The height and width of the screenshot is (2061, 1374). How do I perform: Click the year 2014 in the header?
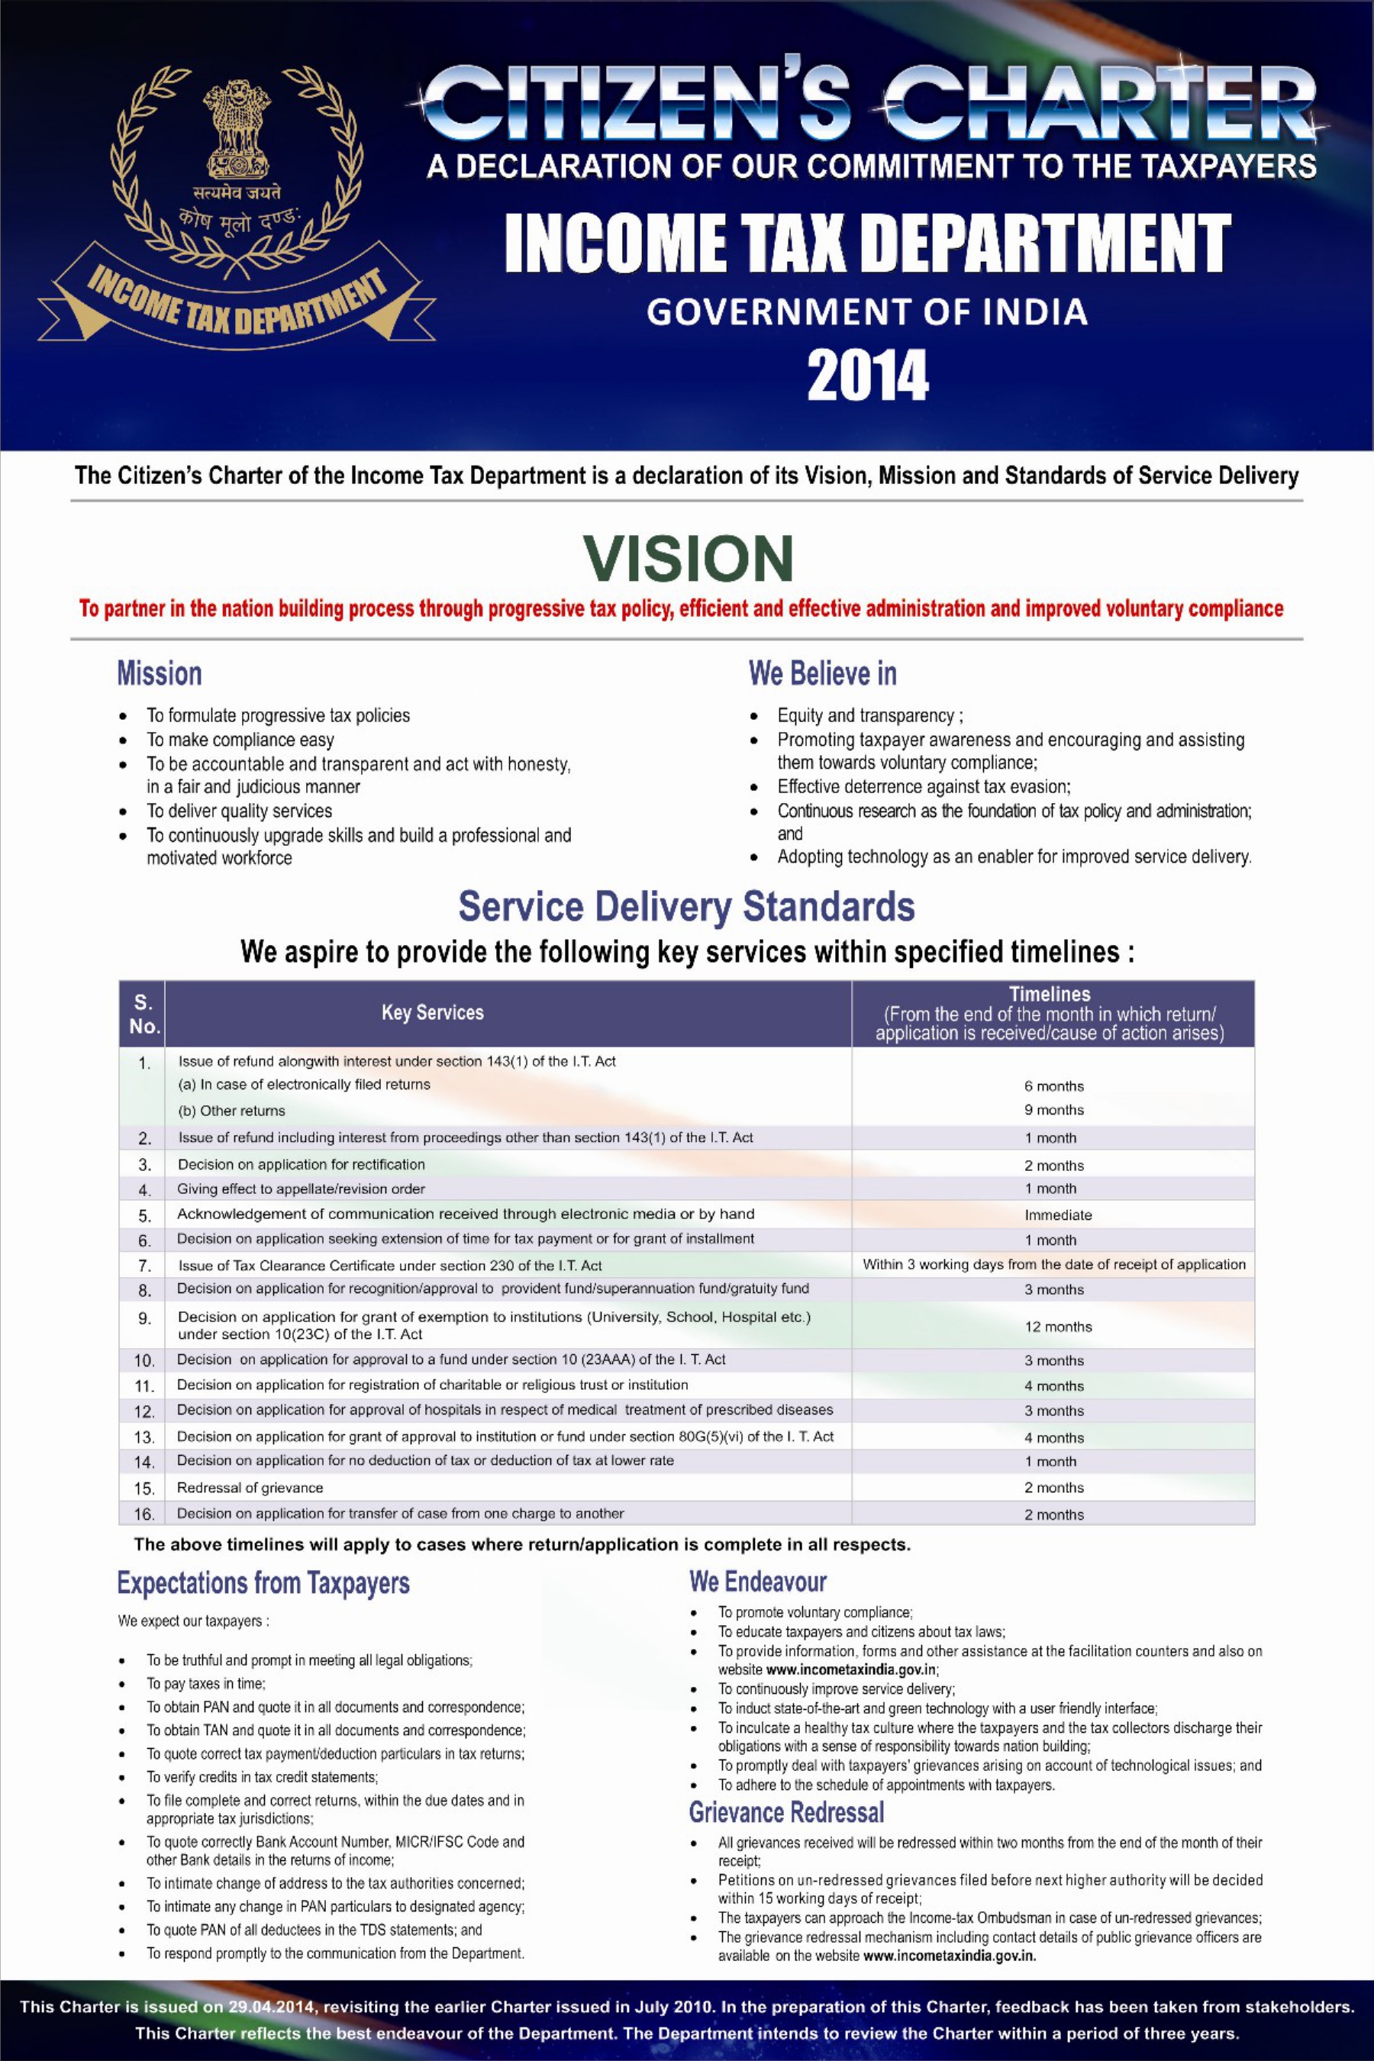click(866, 375)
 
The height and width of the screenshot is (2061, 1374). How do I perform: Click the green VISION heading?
click(688, 558)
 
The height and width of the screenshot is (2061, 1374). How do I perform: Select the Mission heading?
click(160, 674)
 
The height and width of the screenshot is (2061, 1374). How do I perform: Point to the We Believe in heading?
click(822, 674)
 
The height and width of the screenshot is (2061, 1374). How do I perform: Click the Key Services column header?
click(432, 1013)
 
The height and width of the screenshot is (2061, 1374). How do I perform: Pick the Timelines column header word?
click(1049, 995)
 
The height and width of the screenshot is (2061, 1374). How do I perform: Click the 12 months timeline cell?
click(1058, 1327)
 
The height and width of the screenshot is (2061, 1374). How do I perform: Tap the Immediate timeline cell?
click(1058, 1215)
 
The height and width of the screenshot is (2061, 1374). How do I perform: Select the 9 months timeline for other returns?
click(1053, 1110)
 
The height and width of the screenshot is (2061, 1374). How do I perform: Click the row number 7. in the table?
click(144, 1266)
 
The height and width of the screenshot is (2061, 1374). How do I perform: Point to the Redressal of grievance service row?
click(250, 1488)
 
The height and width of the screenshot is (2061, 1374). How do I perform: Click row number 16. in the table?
click(144, 1514)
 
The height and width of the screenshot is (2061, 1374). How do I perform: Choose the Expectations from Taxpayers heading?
click(263, 1583)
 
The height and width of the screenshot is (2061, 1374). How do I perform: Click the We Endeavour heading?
click(757, 1582)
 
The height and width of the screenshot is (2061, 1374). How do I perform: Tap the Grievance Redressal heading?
click(786, 1811)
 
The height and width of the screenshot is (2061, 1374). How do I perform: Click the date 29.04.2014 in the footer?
click(271, 2007)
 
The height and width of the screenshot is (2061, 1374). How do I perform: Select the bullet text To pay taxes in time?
click(205, 1683)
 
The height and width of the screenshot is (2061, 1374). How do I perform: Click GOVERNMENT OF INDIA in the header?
click(866, 312)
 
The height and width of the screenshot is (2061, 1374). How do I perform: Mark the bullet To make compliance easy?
click(240, 740)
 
